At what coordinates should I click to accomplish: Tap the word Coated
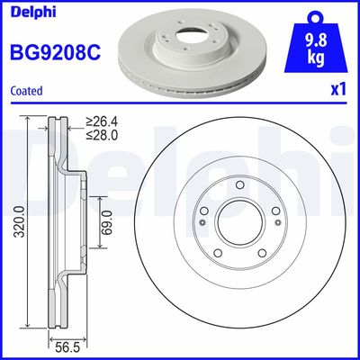[26, 90]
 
